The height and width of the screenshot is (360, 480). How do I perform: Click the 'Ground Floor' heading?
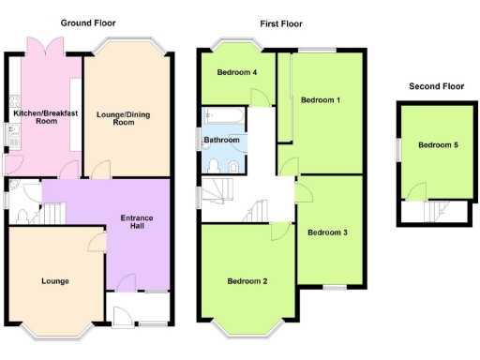coord(90,22)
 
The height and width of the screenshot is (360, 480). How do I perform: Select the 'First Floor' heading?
coord(281,23)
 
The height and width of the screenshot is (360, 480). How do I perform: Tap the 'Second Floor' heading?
coord(436,86)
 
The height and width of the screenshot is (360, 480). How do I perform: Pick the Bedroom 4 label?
coord(237,72)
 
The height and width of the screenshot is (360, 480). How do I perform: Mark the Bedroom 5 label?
coord(439,145)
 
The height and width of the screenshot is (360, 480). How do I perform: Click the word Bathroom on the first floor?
coord(222,141)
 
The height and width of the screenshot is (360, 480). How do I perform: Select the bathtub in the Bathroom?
coord(226,117)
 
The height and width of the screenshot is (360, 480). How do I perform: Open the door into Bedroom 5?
coord(414,192)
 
